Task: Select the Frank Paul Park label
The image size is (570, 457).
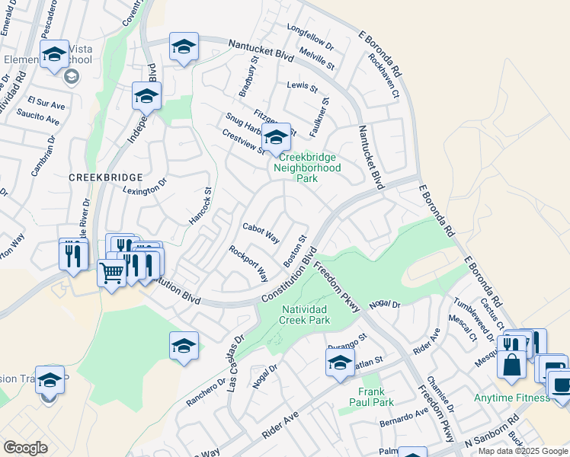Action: (x=371, y=397)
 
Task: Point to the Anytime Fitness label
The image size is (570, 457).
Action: (x=511, y=398)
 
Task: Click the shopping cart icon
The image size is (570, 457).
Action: (x=112, y=273)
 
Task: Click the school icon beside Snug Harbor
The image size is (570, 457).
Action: (x=277, y=137)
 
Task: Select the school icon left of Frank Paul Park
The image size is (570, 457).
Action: (x=340, y=362)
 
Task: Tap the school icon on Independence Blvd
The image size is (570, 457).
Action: (x=146, y=96)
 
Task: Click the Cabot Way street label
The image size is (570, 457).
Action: (x=261, y=232)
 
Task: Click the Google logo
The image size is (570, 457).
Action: (x=25, y=448)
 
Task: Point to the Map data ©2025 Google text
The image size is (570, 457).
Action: (x=522, y=451)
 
